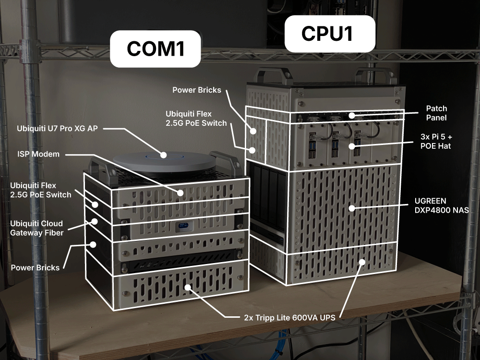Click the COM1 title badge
pyautogui.click(x=156, y=48)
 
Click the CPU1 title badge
pyautogui.click(x=329, y=34)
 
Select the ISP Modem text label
pyautogui.click(x=38, y=154)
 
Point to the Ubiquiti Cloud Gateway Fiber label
pyautogui.click(x=36, y=228)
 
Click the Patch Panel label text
pyautogui.click(x=437, y=113)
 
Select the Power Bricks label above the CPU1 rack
pyautogui.click(x=197, y=90)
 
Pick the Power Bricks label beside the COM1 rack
pyautogui.click(x=35, y=267)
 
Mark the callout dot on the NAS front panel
pyautogui.click(x=352, y=208)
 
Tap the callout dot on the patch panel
pyautogui.click(x=352, y=115)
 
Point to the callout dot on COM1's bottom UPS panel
pyautogui.click(x=188, y=288)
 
